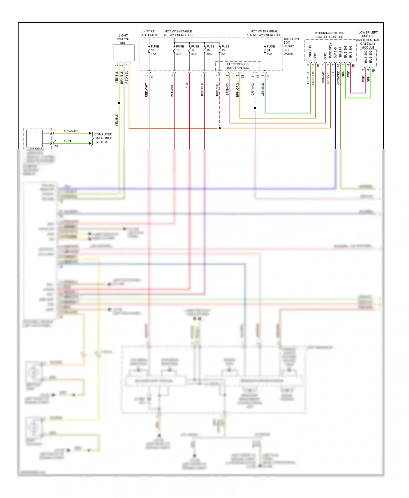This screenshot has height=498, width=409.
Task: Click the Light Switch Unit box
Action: [x=124, y=53]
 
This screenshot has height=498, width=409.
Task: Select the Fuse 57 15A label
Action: [x=154, y=50]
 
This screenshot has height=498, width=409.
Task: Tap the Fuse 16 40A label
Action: [x=180, y=50]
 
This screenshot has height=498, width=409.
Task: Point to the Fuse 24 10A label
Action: [x=270, y=50]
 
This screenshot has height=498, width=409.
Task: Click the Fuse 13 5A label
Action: [x=225, y=50]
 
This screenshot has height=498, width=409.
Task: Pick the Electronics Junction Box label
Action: [x=237, y=66]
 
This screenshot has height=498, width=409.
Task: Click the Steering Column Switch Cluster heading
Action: [x=330, y=35]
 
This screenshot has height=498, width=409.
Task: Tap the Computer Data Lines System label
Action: [x=103, y=138]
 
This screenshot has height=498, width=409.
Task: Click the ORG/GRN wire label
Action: [x=71, y=131]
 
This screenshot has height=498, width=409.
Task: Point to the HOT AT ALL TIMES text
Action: [x=149, y=33]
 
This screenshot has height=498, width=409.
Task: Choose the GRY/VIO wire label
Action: [x=253, y=89]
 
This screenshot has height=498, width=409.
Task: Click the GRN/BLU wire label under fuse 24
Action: [x=263, y=89]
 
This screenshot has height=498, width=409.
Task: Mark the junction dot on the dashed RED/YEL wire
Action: [x=220, y=128]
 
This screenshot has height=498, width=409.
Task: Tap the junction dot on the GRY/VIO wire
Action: [x=255, y=108]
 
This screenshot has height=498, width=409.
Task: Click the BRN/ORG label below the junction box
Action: [x=237, y=90]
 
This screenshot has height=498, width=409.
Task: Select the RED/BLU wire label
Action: [x=202, y=89]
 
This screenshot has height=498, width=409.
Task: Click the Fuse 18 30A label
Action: [x=210, y=50]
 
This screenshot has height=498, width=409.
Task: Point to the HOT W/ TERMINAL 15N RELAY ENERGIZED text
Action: [x=264, y=33]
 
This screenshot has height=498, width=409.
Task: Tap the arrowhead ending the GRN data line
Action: [x=90, y=143]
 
